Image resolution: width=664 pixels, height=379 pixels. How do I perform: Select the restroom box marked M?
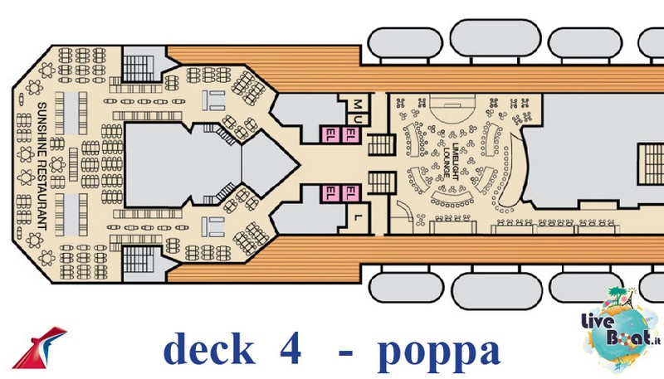[358, 104]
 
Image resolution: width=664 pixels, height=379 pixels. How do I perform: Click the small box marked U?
[358, 119]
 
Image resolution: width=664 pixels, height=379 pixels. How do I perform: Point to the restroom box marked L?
[359, 217]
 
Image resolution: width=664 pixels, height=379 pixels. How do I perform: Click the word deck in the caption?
[209, 350]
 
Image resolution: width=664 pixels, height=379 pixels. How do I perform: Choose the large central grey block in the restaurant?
[183, 165]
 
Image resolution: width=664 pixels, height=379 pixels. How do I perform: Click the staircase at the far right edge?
[651, 163]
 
